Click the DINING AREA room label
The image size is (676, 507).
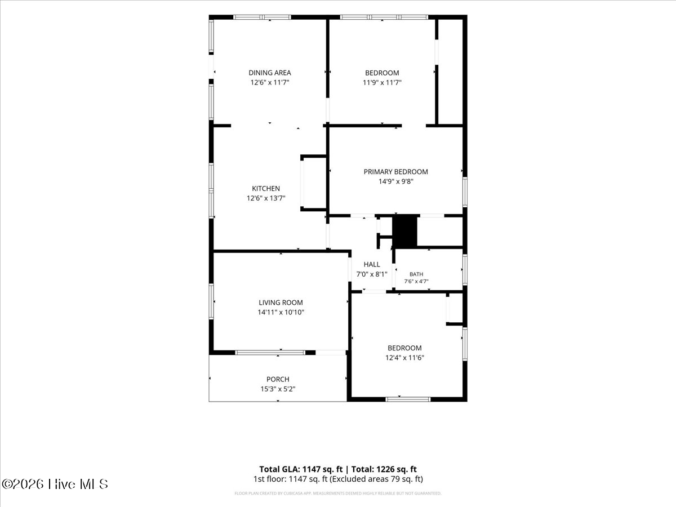pos(270,73)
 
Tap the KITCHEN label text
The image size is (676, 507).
pos(266,188)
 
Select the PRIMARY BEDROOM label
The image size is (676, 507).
pos(396,172)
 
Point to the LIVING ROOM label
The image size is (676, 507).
pos(281,303)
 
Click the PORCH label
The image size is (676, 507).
pos(278,379)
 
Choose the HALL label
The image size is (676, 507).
pos(372,264)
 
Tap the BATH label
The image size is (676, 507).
pos(416,274)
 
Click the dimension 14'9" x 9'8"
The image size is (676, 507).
pos(396,181)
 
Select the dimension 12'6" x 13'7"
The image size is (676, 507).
pos(266,198)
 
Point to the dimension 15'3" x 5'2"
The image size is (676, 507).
pos(278,389)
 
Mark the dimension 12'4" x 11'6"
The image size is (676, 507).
pos(404,358)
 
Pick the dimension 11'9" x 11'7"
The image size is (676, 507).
pos(382,82)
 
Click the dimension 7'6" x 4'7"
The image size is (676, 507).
pos(416,281)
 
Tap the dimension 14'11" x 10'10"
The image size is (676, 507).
pos(281,312)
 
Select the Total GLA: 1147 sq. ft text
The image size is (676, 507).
pos(301,469)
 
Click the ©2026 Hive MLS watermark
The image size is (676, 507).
pos(55,484)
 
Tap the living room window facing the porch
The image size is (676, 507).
pos(270,353)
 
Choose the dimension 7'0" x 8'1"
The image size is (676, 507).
pos(372,274)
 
